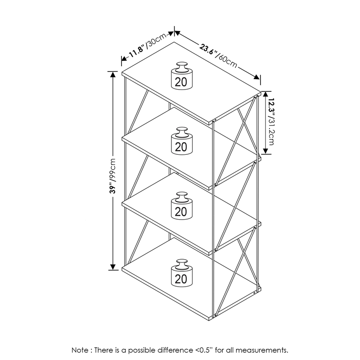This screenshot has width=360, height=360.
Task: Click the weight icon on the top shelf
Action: [182, 76]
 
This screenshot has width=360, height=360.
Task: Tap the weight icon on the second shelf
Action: [182, 141]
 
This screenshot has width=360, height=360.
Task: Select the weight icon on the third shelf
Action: [182, 206]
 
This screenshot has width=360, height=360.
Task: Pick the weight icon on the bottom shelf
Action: [182, 273]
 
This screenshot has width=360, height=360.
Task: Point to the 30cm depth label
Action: [156, 40]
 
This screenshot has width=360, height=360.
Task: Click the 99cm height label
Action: [113, 169]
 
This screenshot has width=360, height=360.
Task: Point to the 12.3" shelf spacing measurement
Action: [272, 107]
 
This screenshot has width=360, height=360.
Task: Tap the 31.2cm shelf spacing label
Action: [271, 131]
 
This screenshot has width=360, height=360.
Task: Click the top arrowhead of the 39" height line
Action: [113, 74]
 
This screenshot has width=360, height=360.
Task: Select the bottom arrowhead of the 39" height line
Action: [113, 267]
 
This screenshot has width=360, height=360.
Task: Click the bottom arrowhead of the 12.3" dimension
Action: [265, 151]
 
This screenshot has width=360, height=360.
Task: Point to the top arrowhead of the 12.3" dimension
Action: [265, 94]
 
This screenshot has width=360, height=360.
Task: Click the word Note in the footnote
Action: [80, 350]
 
